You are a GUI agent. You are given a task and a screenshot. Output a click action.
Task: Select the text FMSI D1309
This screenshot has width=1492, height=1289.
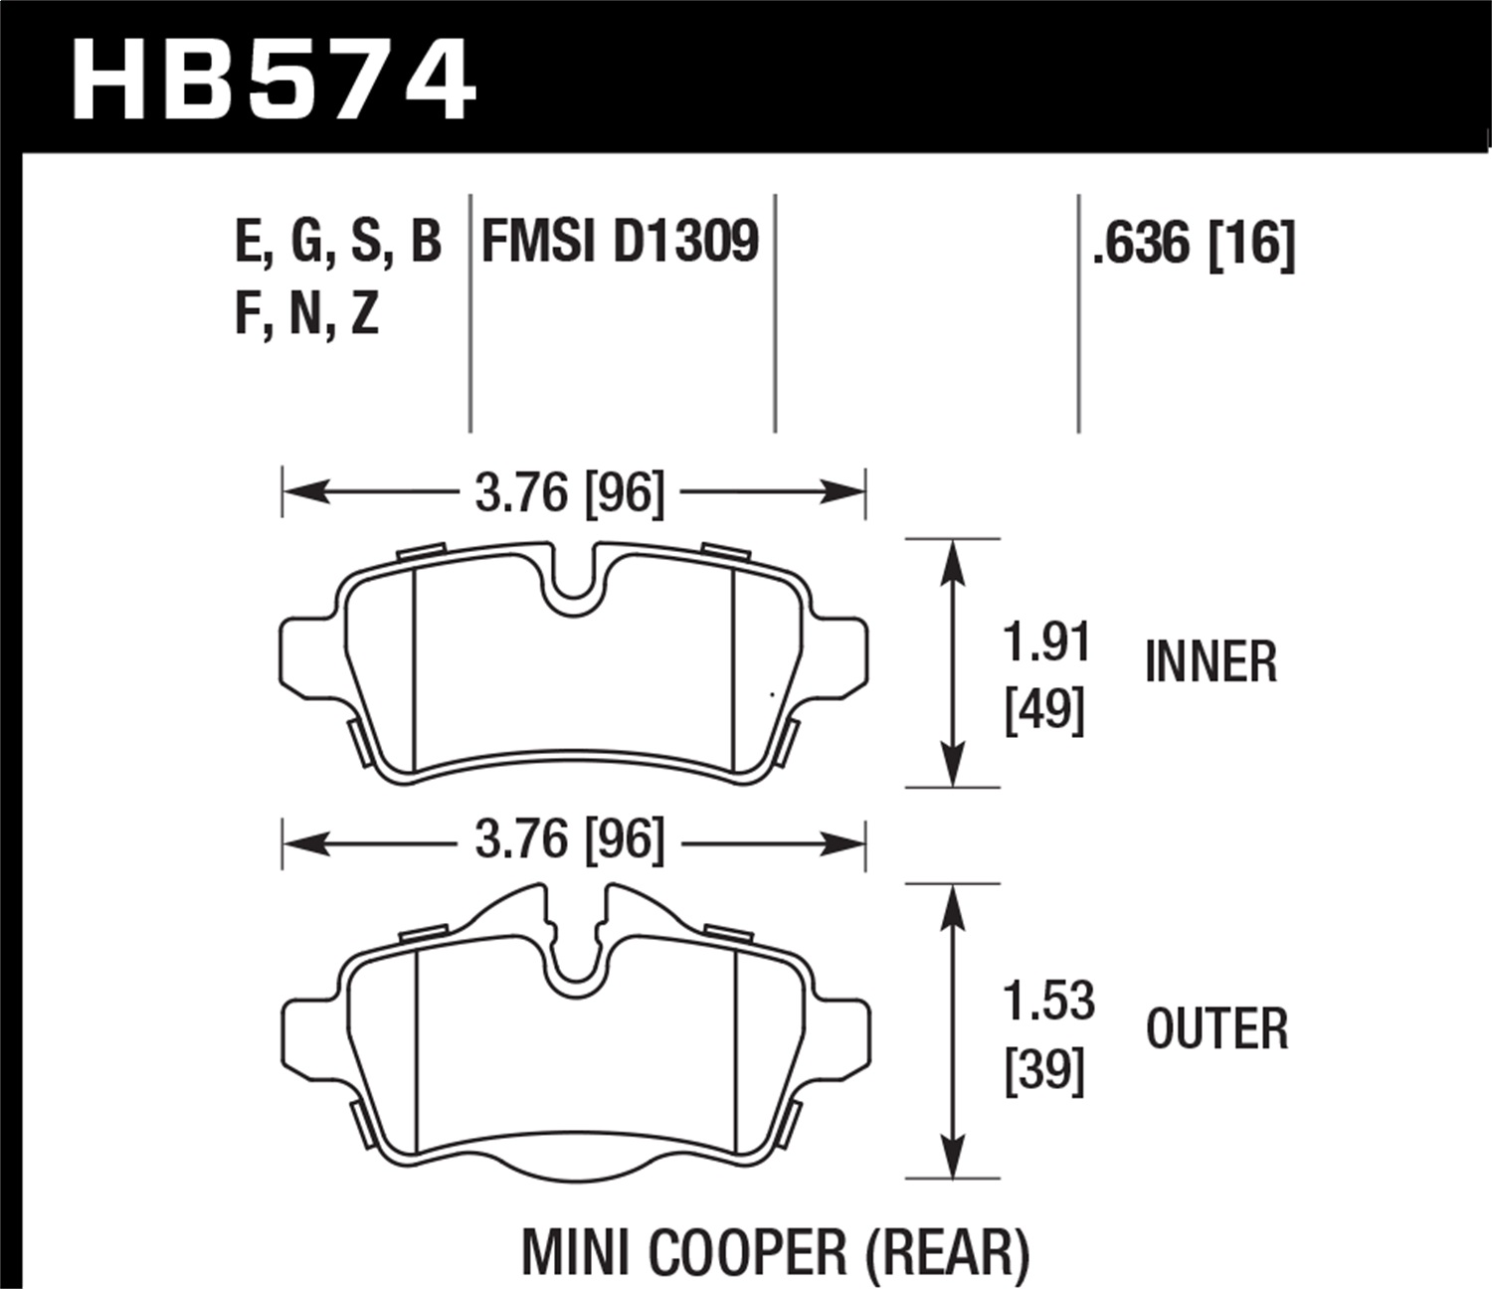click(620, 242)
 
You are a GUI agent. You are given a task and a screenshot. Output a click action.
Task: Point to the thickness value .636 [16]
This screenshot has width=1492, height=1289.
click(1193, 244)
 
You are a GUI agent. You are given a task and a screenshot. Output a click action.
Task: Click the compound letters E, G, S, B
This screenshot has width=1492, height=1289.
click(338, 242)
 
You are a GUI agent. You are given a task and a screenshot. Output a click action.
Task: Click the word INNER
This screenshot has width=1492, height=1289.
click(1211, 662)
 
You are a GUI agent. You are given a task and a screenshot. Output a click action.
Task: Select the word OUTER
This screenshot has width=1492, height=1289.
click(1216, 1028)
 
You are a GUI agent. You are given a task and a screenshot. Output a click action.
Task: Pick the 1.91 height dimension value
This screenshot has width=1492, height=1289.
click(1046, 643)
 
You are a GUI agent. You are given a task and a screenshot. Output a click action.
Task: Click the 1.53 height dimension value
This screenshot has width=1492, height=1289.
click(1048, 1001)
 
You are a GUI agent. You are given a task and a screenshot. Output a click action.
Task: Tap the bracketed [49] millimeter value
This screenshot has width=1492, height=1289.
click(1044, 710)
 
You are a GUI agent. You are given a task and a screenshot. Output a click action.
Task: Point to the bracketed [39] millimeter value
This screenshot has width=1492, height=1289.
click(1044, 1071)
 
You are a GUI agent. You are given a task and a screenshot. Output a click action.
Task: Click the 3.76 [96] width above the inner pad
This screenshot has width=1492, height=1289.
click(569, 492)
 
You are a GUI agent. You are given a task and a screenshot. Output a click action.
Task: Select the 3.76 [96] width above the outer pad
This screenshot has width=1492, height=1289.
click(569, 841)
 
